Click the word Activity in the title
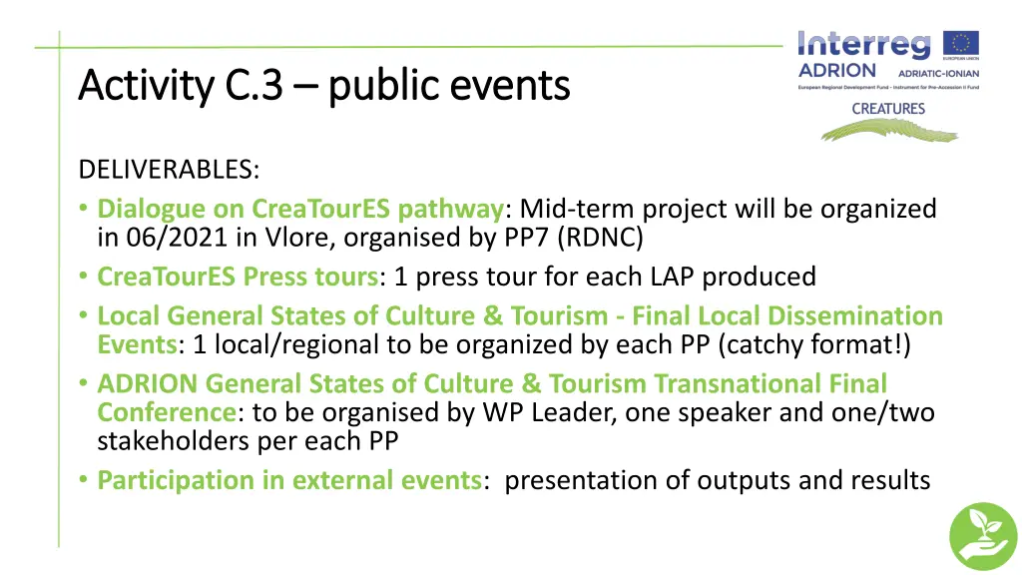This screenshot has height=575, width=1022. [146, 86]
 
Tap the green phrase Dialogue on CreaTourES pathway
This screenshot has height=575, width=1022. [300, 209]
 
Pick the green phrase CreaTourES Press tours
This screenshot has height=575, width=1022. [238, 276]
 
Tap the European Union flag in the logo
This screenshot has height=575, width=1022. [962, 46]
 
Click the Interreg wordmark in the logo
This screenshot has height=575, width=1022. [864, 45]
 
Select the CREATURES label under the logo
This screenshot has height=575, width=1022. [887, 109]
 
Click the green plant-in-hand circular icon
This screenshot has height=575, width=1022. [982, 536]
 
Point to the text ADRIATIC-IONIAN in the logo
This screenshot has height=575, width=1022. [938, 73]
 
